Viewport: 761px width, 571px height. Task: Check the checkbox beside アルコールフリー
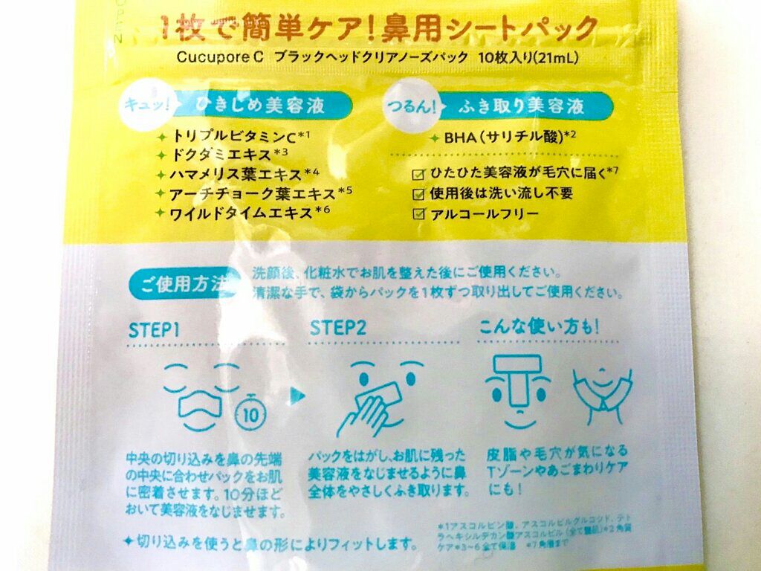(418, 214)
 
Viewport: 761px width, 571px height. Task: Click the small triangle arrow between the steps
(297, 394)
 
